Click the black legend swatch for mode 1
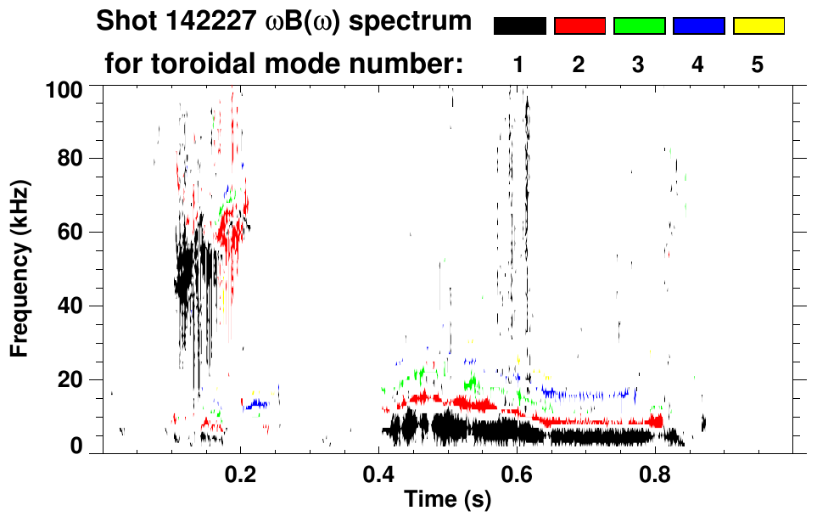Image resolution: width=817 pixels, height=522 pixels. (520, 26)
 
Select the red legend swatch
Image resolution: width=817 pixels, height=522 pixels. (579, 26)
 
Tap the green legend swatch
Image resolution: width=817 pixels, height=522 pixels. (639, 26)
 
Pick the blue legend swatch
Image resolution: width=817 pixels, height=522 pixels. (698, 26)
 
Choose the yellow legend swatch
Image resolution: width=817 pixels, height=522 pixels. (758, 26)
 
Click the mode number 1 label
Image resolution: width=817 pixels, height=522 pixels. (518, 65)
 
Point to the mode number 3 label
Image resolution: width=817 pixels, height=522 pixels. (638, 65)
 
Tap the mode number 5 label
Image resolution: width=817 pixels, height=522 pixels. (758, 65)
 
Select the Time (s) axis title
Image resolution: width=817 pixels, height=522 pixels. (447, 502)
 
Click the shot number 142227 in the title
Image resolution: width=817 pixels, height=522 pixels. (193, 21)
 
